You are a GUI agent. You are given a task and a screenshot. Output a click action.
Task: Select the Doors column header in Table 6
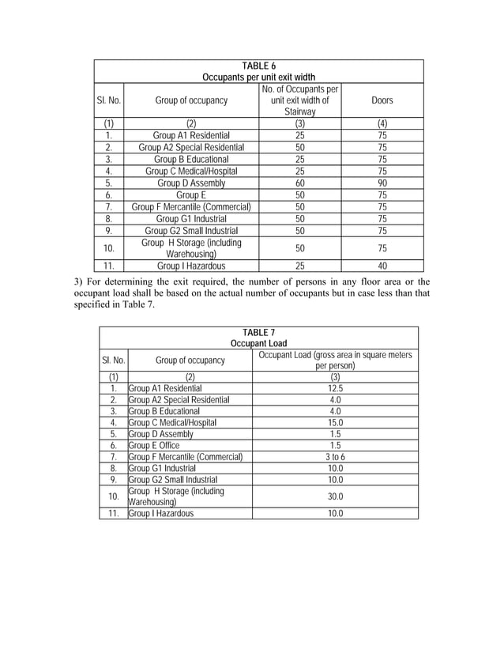point(382,100)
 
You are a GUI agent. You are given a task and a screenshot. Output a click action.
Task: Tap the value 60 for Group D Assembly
point(299,183)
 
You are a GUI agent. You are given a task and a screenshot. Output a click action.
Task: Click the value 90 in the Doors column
point(382,183)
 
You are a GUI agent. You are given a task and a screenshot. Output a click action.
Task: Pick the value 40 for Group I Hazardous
point(382,266)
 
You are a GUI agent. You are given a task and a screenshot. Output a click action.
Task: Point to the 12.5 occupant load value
point(335,388)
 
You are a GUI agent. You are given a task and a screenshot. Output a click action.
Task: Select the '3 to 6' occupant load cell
point(335,457)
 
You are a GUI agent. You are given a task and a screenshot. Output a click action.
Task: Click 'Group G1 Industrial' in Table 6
point(191,218)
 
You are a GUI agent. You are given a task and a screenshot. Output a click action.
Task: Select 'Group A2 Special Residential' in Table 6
point(191,147)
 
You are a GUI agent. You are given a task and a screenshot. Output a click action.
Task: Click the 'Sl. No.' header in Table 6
point(109,100)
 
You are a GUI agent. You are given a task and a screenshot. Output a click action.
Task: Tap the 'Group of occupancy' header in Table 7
point(190,361)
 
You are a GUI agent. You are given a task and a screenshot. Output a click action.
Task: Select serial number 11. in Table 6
point(109,266)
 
